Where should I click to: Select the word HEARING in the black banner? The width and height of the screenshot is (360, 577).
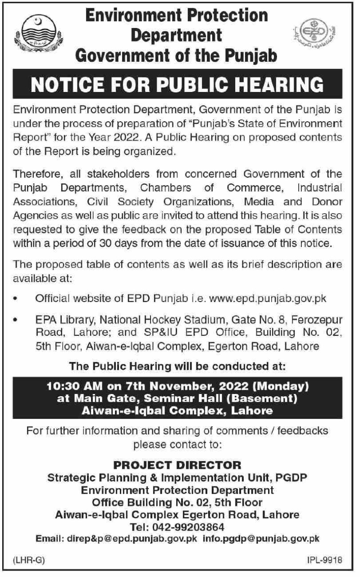coord(278,85)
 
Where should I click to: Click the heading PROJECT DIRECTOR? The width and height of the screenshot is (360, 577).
coord(178,464)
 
